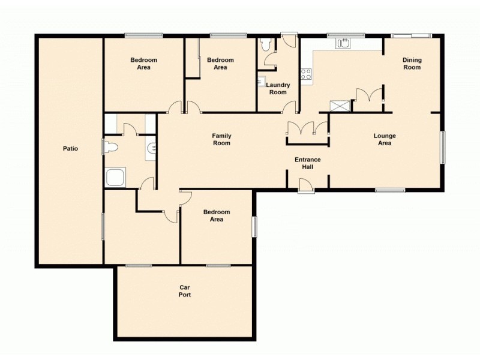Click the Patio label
pos(71,148)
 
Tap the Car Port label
pos(184,291)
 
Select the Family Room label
pos(221,140)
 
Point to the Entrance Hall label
pos(307,164)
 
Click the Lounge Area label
pos(385,140)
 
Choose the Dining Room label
pos(412,64)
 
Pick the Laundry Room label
pos(277,89)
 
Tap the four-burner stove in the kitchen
pos(306,74)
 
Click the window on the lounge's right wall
pos(443,147)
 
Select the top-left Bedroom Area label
pos(144,64)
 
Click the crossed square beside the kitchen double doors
pos(340,106)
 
